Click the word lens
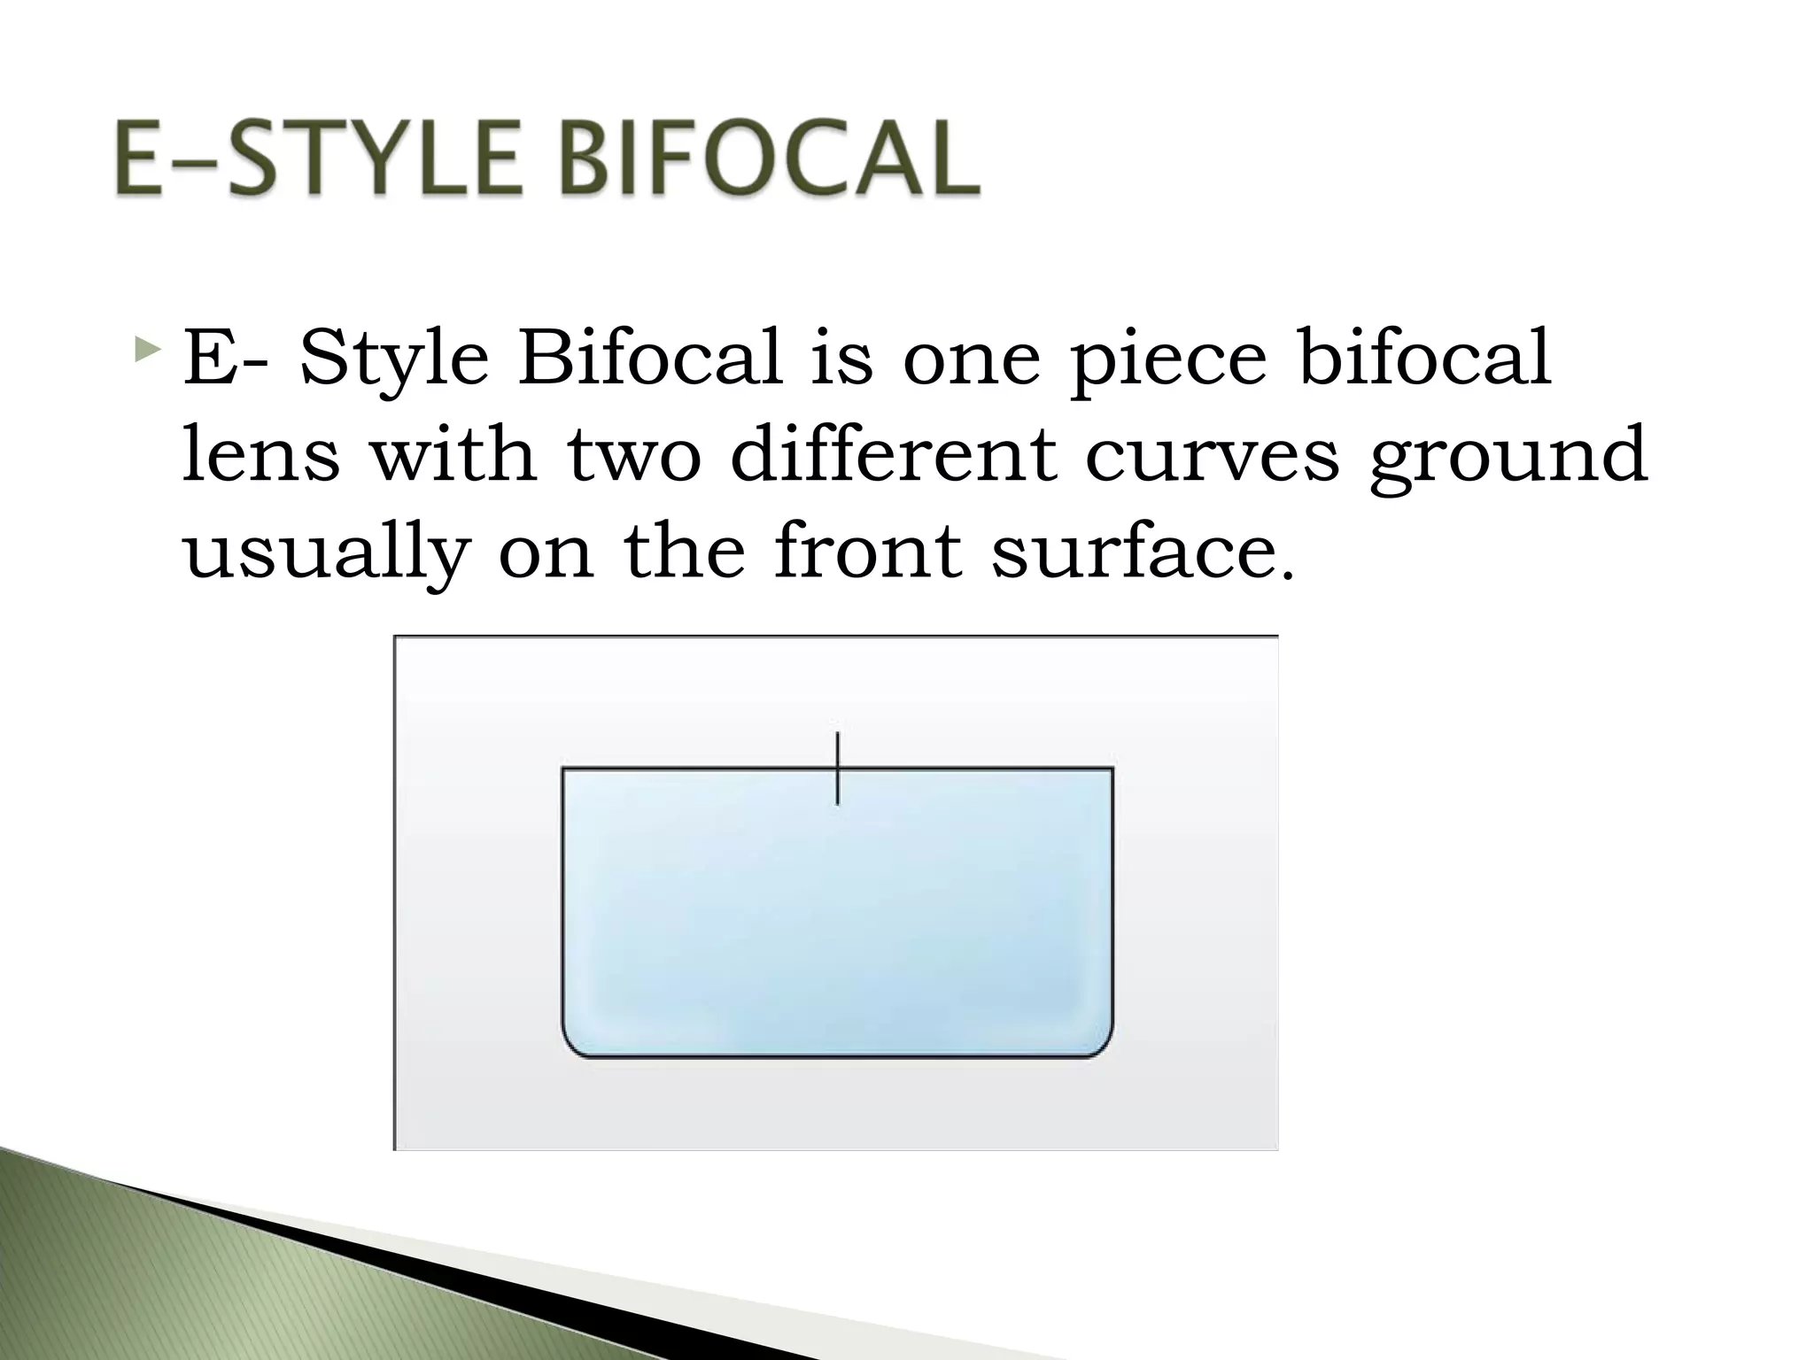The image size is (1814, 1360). click(260, 455)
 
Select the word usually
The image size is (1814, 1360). click(324, 554)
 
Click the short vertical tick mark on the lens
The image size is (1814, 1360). click(837, 769)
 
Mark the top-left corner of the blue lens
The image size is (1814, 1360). click(564, 769)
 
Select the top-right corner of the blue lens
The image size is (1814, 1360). click(1112, 769)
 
